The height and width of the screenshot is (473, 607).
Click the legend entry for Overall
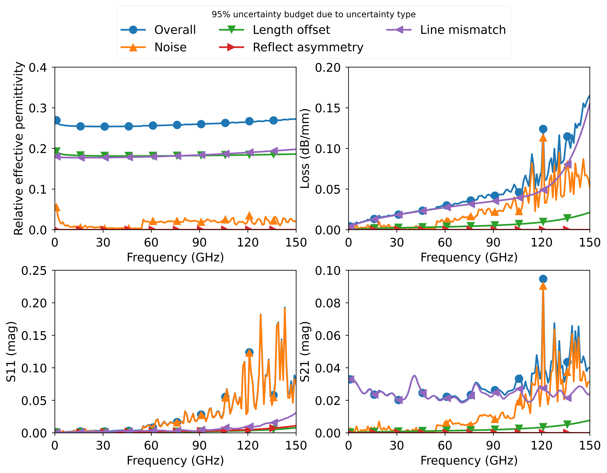point(175,30)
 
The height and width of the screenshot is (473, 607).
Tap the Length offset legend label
point(291,30)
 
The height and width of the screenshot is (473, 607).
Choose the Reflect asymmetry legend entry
point(308,47)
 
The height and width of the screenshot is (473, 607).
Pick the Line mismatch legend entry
point(462,30)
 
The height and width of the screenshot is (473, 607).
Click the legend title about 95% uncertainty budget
point(314,14)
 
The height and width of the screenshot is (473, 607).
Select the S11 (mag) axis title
point(11,352)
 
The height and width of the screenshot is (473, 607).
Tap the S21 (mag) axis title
point(305,352)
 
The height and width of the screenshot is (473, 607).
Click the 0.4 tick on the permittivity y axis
point(38,67)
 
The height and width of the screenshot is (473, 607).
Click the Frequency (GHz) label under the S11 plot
point(175,461)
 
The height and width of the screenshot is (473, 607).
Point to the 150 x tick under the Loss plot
point(589,243)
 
